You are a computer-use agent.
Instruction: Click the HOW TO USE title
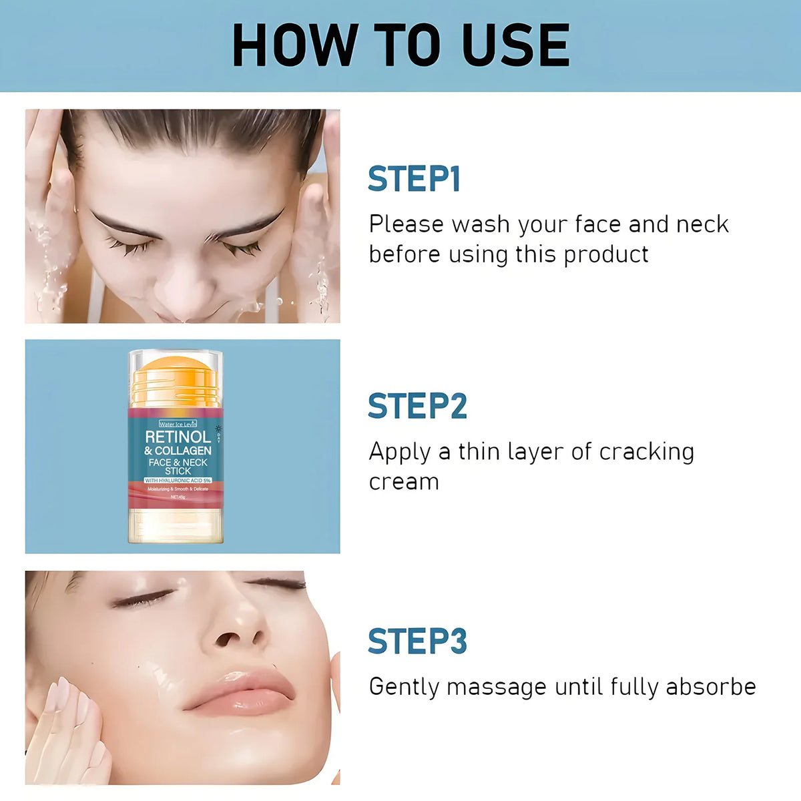pyautogui.click(x=400, y=45)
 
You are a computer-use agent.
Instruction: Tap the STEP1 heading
pyautogui.click(x=414, y=179)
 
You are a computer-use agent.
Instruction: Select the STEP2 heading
pyautogui.click(x=417, y=406)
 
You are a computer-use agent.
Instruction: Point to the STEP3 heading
pyautogui.click(x=417, y=641)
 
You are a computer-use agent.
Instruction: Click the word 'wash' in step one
pyautogui.click(x=481, y=224)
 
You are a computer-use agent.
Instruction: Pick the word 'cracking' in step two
pyautogui.click(x=646, y=452)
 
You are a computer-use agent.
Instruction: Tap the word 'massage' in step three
pyautogui.click(x=496, y=687)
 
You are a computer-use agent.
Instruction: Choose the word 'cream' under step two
pyautogui.click(x=404, y=482)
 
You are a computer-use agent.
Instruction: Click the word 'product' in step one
pyautogui.click(x=605, y=255)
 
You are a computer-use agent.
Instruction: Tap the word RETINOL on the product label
pyautogui.click(x=178, y=437)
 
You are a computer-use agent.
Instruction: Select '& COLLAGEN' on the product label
pyautogui.click(x=178, y=451)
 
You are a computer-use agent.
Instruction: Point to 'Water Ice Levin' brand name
pyautogui.click(x=178, y=424)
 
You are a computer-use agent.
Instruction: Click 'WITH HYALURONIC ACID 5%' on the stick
pyautogui.click(x=178, y=480)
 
